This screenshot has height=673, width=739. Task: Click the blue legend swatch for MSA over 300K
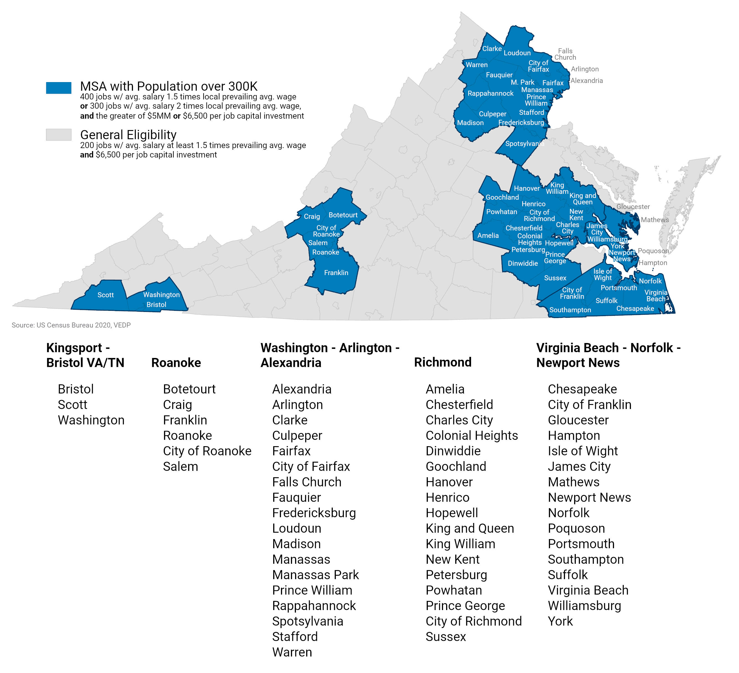click(x=59, y=88)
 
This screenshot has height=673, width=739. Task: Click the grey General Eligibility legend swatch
click(x=59, y=134)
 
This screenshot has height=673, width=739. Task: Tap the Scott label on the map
click(x=106, y=295)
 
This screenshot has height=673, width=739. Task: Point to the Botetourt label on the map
click(x=343, y=215)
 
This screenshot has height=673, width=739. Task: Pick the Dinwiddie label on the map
click(x=523, y=263)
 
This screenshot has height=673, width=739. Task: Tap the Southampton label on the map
click(x=570, y=310)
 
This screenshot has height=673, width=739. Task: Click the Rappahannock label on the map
click(x=490, y=93)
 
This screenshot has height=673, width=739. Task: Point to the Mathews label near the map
click(x=655, y=220)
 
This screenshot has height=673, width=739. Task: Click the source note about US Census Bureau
click(x=71, y=325)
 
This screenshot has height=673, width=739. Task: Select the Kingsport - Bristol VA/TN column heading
click(x=85, y=355)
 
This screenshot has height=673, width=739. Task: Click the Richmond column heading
click(x=443, y=362)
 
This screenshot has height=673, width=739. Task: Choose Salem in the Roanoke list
click(x=180, y=466)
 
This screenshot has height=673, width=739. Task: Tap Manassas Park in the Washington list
click(x=316, y=575)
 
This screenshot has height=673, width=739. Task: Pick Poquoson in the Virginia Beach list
click(x=576, y=528)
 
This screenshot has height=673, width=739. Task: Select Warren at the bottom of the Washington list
click(x=292, y=652)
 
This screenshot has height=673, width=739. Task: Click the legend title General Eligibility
click(x=128, y=134)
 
